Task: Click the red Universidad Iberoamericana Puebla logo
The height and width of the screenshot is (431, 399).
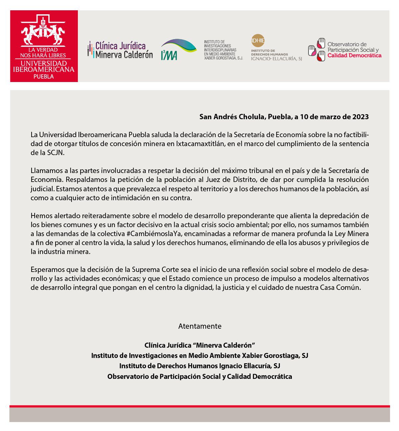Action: coord(44,46)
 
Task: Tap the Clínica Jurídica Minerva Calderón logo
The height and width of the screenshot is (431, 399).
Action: coord(120,50)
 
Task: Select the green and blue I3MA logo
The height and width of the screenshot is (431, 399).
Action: coord(178,49)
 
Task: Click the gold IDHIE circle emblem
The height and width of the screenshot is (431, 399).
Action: coord(258,41)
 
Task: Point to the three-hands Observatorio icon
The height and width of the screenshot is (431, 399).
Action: coord(316,49)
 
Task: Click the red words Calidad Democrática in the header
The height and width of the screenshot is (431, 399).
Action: coord(354,55)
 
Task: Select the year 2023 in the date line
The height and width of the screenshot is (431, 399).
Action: coord(360,117)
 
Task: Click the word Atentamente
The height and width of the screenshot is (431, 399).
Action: coord(199,326)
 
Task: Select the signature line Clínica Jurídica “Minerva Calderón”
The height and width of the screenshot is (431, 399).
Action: coord(199,345)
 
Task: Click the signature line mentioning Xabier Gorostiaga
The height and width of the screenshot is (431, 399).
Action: coord(199,356)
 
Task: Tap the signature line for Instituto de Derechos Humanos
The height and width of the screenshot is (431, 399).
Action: coord(199,366)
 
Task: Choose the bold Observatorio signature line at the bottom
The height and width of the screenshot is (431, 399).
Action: coord(199,377)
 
